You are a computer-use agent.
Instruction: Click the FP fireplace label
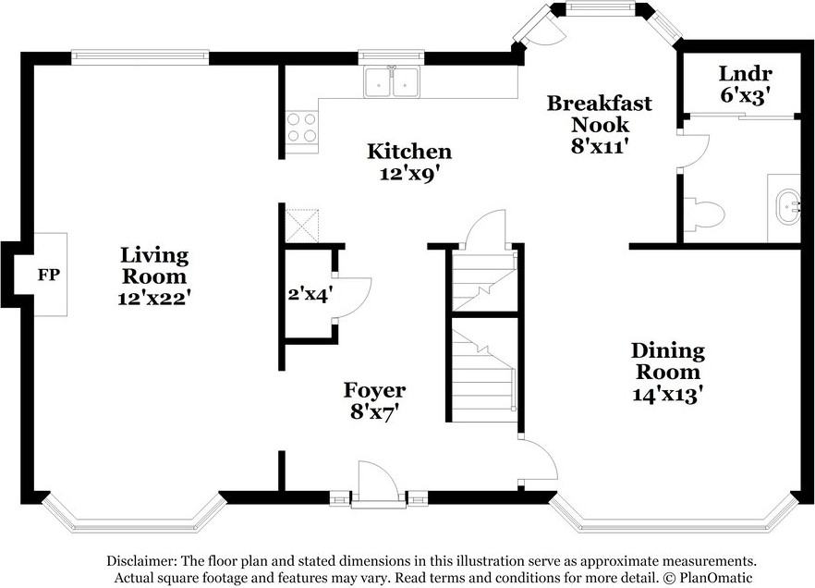click(x=49, y=275)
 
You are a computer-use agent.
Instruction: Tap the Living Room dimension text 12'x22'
click(x=152, y=298)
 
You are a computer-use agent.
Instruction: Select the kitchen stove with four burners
click(x=302, y=128)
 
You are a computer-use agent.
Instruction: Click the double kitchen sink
click(x=392, y=81)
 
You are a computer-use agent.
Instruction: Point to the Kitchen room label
click(x=409, y=152)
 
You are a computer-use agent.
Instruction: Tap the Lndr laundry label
click(x=745, y=74)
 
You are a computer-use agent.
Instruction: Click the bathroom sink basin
click(x=788, y=207)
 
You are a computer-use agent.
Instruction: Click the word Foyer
click(x=375, y=390)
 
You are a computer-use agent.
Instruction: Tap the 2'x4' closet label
click(x=310, y=295)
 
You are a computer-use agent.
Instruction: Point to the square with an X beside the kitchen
click(x=302, y=225)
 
